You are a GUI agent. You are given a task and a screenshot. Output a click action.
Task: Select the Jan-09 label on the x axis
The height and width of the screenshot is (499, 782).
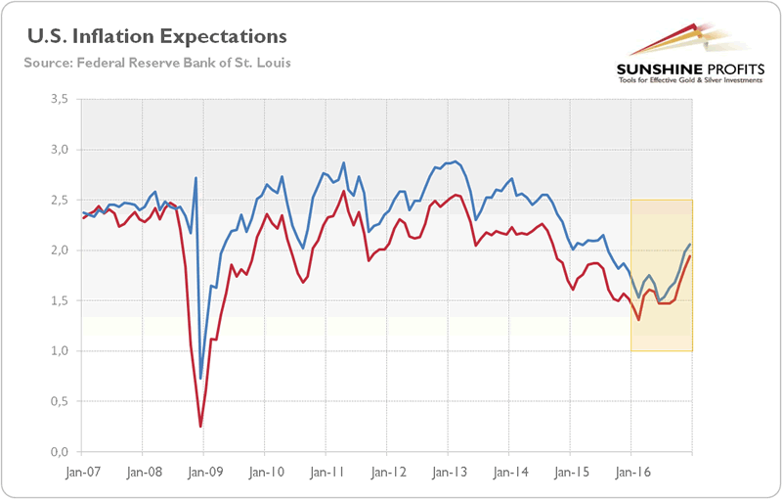203,470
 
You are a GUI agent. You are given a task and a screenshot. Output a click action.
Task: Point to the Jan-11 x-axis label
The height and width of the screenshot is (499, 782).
326,470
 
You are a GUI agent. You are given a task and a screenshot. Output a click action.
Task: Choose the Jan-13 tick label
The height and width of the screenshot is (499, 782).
448,470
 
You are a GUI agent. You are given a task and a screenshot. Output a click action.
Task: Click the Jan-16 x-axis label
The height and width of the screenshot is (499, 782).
630,470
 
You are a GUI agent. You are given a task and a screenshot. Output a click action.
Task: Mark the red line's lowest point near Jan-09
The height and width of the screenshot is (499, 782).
200,427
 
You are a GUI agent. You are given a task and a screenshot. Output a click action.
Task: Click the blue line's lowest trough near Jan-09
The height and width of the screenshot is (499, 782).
200,379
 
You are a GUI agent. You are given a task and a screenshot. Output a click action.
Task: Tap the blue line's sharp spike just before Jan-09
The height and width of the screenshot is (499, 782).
195,178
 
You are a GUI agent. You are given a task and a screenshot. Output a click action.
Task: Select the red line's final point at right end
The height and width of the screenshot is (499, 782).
691,256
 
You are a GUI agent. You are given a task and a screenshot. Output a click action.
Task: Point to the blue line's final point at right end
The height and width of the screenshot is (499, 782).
691,244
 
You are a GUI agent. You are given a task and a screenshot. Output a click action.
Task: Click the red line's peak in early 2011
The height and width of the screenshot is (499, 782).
343,191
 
